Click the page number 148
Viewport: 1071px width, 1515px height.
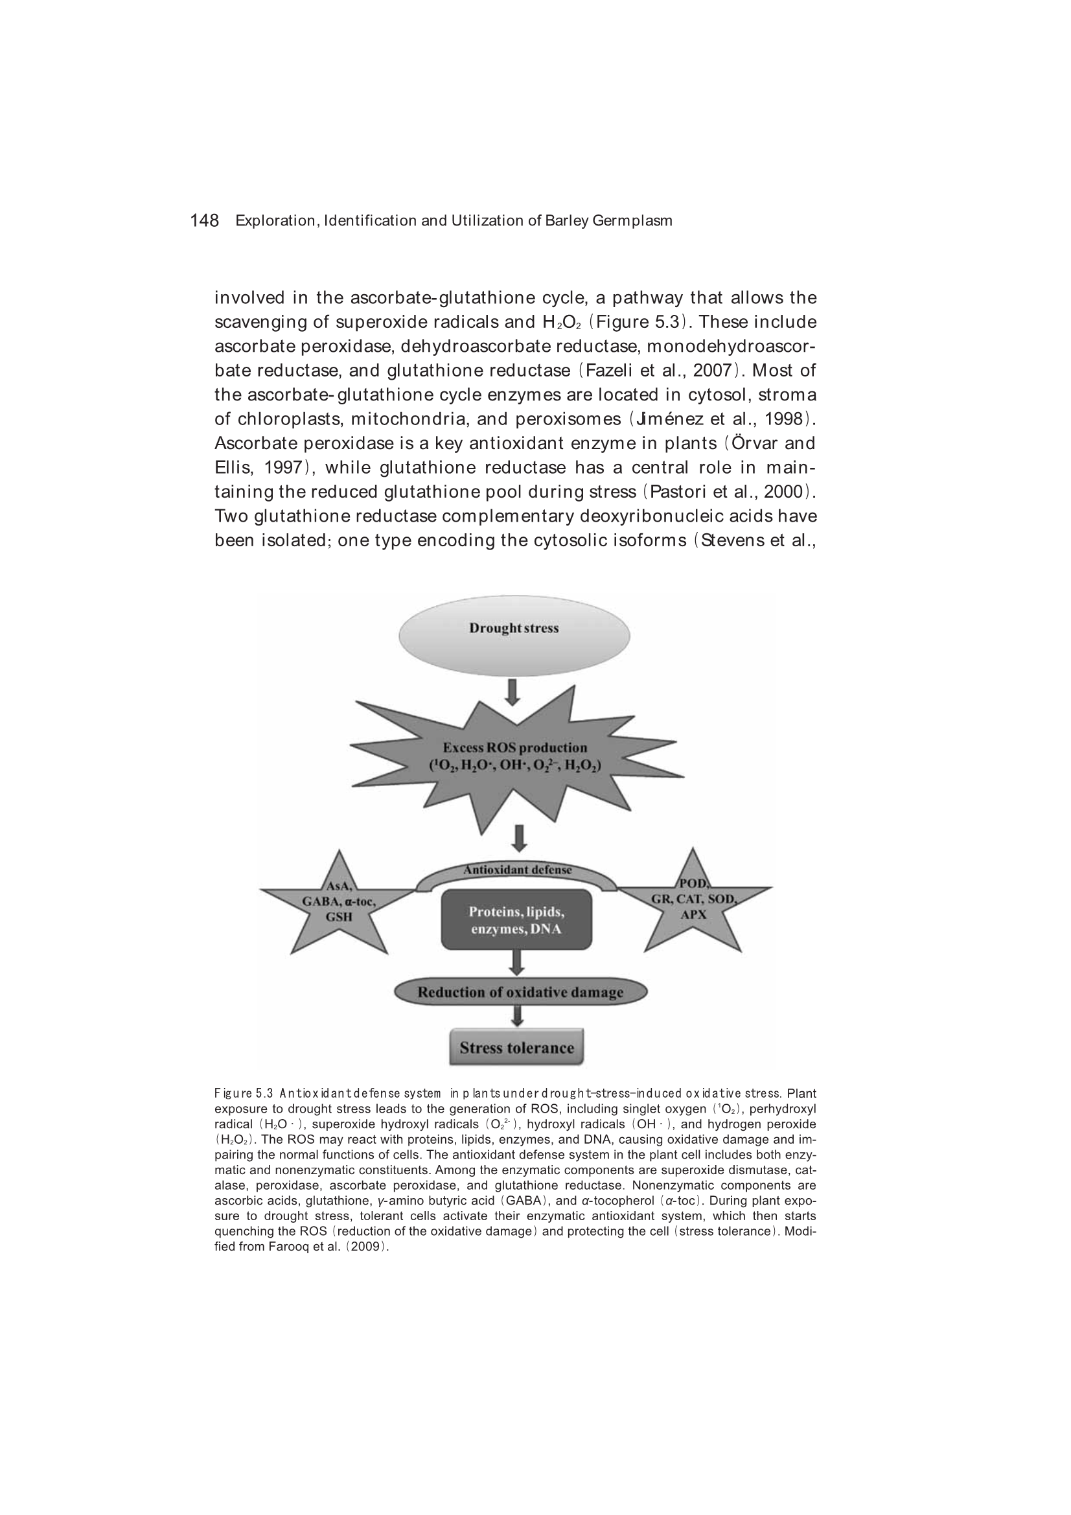[204, 220]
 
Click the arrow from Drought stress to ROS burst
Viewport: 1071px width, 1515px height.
[512, 692]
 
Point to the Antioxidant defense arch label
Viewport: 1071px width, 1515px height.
[516, 870]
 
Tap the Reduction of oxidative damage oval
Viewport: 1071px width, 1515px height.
[520, 991]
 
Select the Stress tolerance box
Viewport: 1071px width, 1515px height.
[516, 1047]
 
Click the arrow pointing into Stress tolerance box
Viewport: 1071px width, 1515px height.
[517, 1016]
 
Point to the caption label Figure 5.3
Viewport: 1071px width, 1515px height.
[244, 1093]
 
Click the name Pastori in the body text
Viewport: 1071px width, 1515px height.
[678, 492]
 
